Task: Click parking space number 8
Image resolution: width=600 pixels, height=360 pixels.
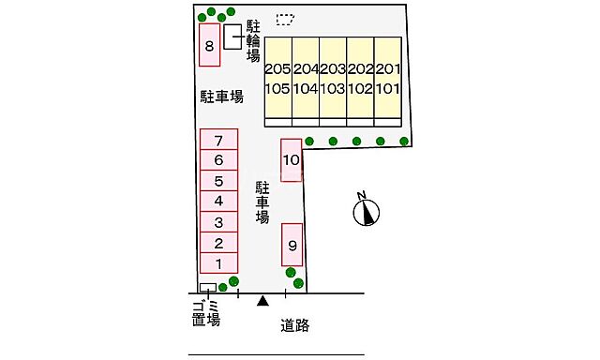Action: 210,46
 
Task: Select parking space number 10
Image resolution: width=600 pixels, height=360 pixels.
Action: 291,159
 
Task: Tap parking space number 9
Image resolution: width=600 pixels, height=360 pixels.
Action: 292,246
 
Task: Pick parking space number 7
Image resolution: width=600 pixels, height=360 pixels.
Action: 217,141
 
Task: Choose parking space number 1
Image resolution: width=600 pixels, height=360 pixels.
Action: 217,263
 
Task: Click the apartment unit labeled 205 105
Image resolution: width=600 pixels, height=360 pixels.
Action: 277,79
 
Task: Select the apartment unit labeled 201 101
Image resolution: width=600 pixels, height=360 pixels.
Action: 387,79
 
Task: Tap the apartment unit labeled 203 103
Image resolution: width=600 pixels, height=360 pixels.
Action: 333,79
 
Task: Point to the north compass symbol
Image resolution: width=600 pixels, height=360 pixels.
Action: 367,213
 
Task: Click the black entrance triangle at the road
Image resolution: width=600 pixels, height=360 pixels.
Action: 263,301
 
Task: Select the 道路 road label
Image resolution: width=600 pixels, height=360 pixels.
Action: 295,326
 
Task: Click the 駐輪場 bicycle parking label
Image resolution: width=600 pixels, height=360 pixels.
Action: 252,40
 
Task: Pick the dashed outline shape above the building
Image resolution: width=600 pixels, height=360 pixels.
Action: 285,20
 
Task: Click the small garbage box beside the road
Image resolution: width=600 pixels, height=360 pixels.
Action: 208,288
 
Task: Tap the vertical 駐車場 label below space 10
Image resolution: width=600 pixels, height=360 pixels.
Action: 262,202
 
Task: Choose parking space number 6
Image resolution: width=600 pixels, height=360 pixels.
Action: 217,160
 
